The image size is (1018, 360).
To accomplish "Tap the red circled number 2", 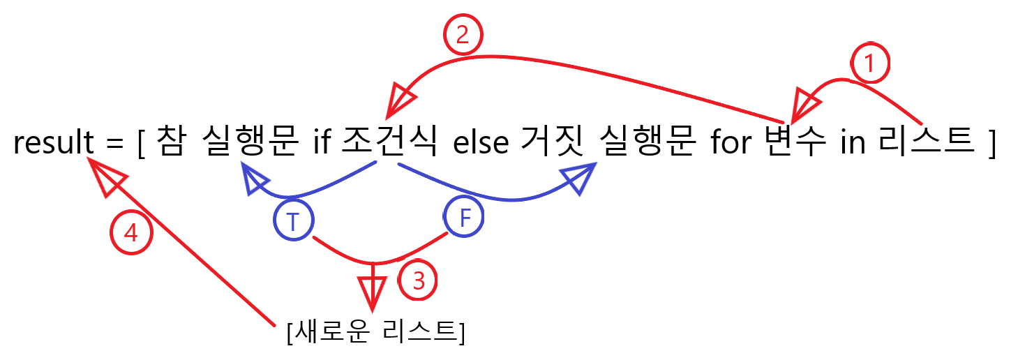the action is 463,36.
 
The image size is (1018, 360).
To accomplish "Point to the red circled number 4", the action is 130,233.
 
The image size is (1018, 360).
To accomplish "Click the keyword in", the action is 851,142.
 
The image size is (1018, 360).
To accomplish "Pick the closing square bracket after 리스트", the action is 991,144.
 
